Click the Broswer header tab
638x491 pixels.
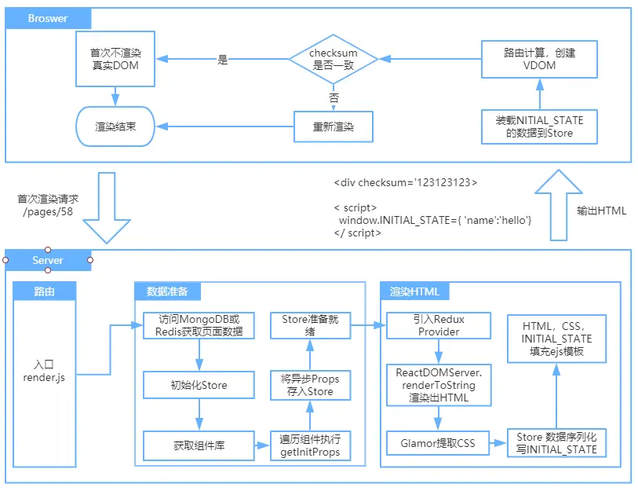pyautogui.click(x=48, y=18)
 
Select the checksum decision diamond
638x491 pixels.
pyautogui.click(x=334, y=59)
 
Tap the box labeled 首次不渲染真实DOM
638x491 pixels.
pyautogui.click(x=115, y=59)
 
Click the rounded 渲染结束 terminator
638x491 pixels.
pyautogui.click(x=115, y=126)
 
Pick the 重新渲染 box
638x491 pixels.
pyautogui.click(x=334, y=126)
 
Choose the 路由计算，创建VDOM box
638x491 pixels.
pyautogui.click(x=539, y=59)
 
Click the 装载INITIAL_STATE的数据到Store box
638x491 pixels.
pyautogui.click(x=539, y=126)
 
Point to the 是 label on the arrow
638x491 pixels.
pyautogui.click(x=223, y=60)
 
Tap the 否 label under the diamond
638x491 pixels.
pyautogui.click(x=334, y=97)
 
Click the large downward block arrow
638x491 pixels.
pyautogui.click(x=107, y=207)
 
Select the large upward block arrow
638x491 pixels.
pyautogui.click(x=558, y=205)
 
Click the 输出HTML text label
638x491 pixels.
pyautogui.click(x=601, y=211)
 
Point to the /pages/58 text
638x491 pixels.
pyautogui.click(x=48, y=212)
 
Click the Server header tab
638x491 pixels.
pyautogui.click(x=48, y=260)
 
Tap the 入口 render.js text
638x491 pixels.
pyautogui.click(x=44, y=371)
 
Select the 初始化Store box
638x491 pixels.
pyautogui.click(x=199, y=385)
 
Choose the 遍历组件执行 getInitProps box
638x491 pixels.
pyautogui.click(x=310, y=445)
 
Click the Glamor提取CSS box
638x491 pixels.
pyautogui.click(x=438, y=443)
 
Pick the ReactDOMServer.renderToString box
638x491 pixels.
pyautogui.click(x=439, y=385)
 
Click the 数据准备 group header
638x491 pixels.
pyautogui.click(x=167, y=291)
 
